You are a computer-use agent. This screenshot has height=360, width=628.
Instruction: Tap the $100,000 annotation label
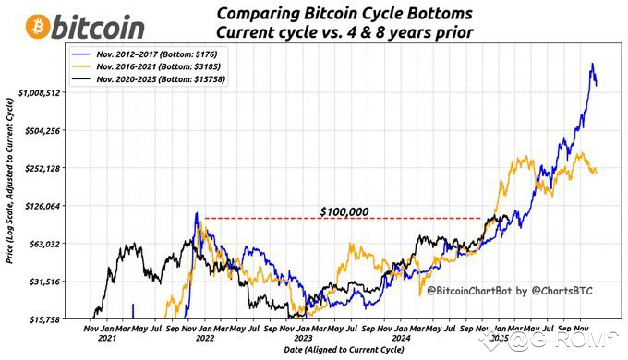click(x=344, y=211)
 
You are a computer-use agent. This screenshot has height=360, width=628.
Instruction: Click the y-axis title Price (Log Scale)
click(x=8, y=185)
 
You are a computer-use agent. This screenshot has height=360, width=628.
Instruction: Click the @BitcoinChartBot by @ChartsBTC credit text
click(x=508, y=291)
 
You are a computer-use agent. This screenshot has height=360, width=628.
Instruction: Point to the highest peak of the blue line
click(x=590, y=65)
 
